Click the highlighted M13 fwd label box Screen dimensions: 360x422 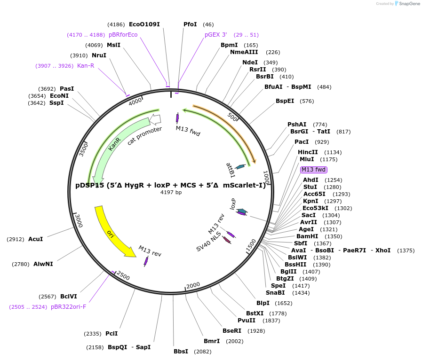pos(313,170)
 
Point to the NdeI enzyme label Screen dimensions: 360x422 pos(250,63)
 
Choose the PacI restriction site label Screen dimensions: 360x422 pos(302,142)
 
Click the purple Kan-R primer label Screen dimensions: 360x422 pos(86,66)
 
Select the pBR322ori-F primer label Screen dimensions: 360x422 pos(69,307)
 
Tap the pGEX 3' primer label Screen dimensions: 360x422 pos(215,35)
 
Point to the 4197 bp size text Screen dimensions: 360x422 pos(171,192)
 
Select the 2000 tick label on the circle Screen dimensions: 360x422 pos(193,286)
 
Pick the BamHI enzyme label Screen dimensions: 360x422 pos(307,236)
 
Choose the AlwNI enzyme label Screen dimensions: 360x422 pos(43,264)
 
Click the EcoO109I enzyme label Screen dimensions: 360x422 pos(144,24)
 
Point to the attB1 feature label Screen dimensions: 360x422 pos(230,170)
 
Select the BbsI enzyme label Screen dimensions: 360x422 pos(181,352)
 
